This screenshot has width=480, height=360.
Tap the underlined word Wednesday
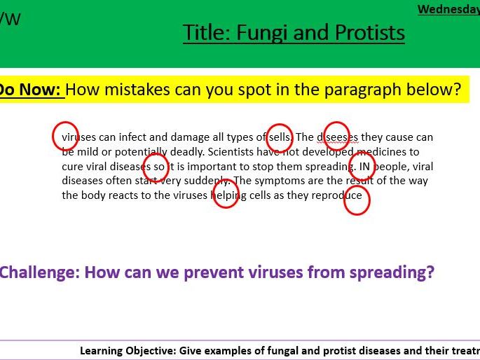pyautogui.click(x=448, y=9)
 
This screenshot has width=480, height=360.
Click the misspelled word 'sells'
pyautogui.click(x=280, y=137)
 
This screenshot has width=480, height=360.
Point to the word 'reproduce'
pyautogui.click(x=337, y=195)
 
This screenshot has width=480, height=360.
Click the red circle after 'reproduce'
pyautogui.click(x=357, y=200)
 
